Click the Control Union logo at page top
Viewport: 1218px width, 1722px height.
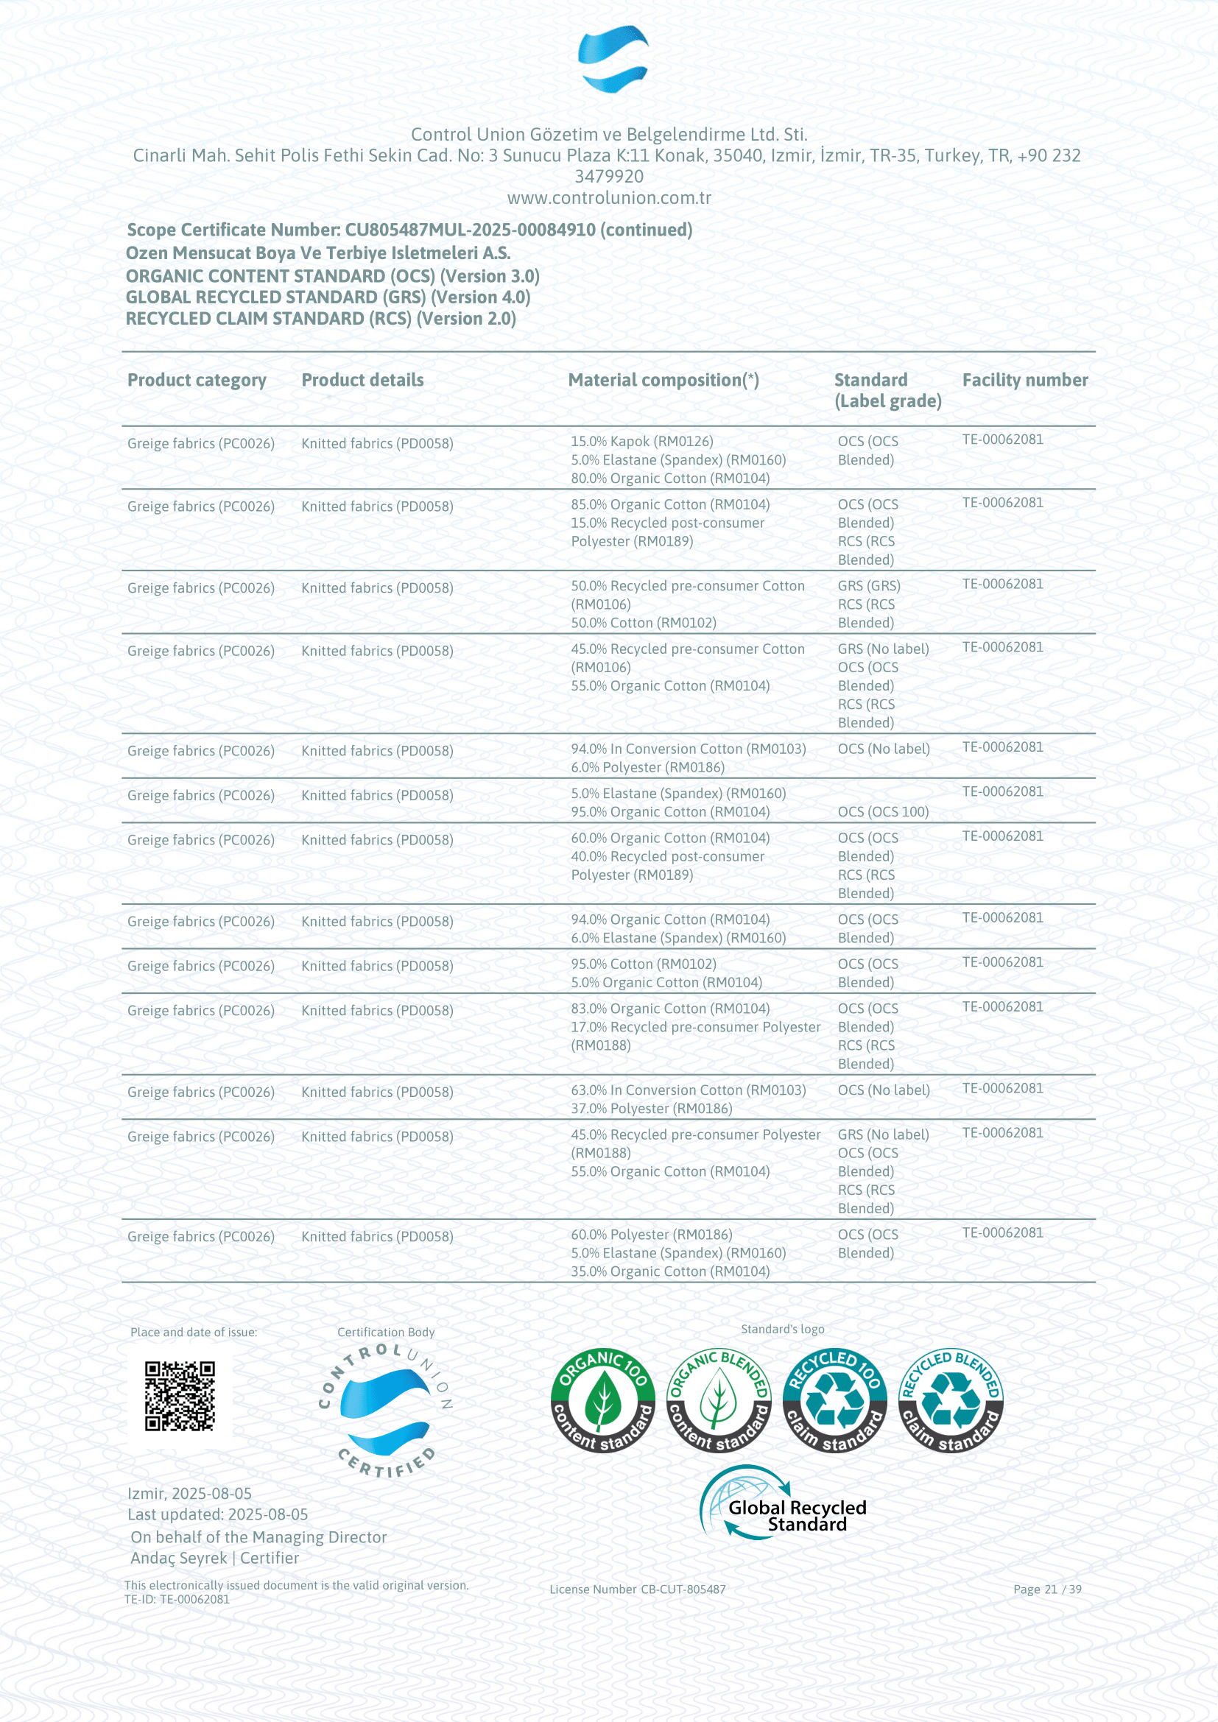tap(613, 58)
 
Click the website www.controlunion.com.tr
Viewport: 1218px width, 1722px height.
tap(609, 198)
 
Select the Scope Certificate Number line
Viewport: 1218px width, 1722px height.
tap(409, 230)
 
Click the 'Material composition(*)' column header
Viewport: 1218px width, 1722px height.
tap(663, 380)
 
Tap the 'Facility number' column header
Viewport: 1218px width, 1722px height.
tap(1024, 380)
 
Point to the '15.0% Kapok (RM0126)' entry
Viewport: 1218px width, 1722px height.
tap(642, 442)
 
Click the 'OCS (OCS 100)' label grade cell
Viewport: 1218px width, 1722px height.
tap(883, 811)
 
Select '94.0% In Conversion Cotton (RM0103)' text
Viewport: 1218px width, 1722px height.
tap(688, 749)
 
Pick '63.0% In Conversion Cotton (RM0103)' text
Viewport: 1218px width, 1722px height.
tap(688, 1090)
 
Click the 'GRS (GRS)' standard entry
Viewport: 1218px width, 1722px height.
tap(868, 586)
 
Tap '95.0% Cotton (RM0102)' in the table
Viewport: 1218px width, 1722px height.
tap(644, 964)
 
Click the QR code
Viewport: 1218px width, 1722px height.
tap(180, 1396)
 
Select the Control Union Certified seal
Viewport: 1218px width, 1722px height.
tap(385, 1411)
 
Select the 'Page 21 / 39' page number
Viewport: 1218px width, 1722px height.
tap(1047, 1589)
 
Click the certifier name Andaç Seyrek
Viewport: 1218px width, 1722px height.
tap(178, 1558)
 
